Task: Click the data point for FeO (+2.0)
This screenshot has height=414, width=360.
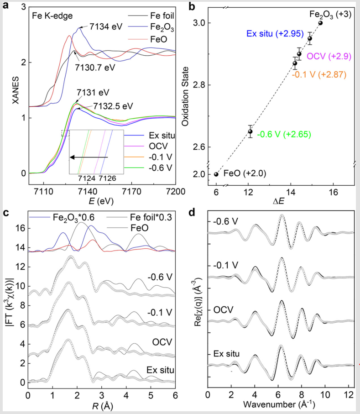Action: (x=216, y=174)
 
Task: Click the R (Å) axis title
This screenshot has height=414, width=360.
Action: (x=102, y=404)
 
